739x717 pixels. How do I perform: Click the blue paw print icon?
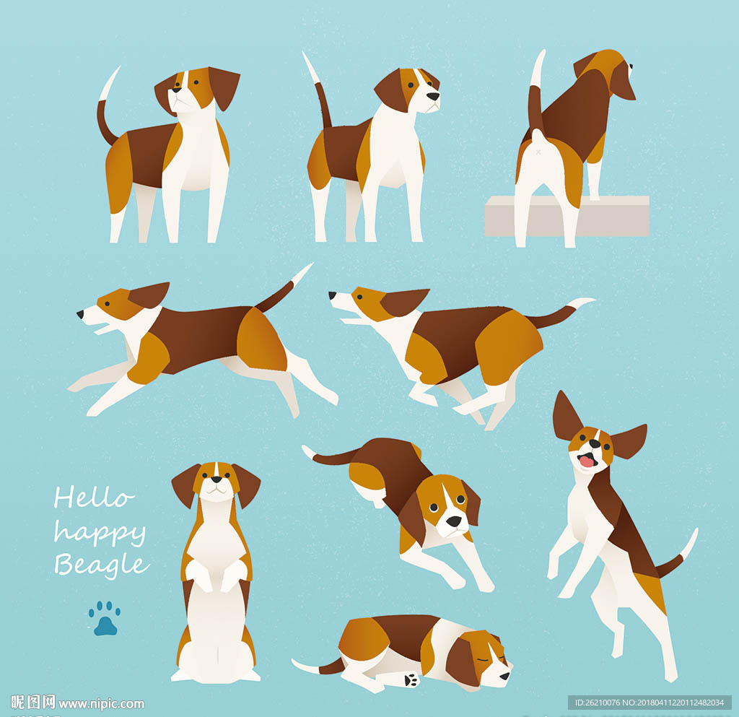coord(104,618)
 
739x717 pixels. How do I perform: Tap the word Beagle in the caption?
coord(102,565)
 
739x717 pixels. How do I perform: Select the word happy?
coord(100,534)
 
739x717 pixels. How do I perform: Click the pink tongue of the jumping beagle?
coord(587,460)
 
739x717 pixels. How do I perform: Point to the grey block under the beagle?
coord(567,216)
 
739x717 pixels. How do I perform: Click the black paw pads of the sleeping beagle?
coord(411,679)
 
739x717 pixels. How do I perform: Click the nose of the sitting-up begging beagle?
coord(217,479)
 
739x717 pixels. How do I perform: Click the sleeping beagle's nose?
coord(505,676)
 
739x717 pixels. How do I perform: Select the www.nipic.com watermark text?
coord(101,704)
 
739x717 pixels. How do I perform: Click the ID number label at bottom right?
coord(650,703)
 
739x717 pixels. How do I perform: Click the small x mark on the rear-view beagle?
coord(538,152)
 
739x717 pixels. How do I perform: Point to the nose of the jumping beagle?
coord(595,443)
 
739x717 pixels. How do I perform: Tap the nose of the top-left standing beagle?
coord(177,89)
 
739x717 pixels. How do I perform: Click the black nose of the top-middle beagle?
coord(433,96)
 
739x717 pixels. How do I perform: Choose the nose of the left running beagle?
coord(80,314)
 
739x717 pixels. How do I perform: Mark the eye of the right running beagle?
coord(359,297)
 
